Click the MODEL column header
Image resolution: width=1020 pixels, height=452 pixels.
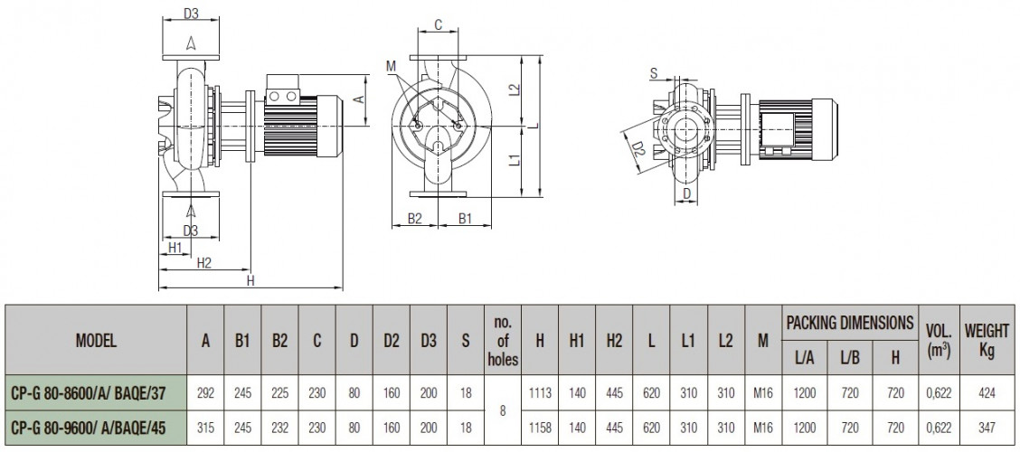coord(96,340)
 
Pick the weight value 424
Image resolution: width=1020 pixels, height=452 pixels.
coord(987,393)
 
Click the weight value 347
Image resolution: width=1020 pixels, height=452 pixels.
coord(987,428)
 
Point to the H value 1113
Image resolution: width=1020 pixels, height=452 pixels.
coord(539,393)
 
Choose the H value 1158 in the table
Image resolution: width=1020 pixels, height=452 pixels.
coord(539,428)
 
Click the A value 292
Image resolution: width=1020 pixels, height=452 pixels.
coord(205,393)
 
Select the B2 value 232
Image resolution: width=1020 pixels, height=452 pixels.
coord(279,428)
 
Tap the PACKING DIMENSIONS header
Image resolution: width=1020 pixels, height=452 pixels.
coord(850,322)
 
